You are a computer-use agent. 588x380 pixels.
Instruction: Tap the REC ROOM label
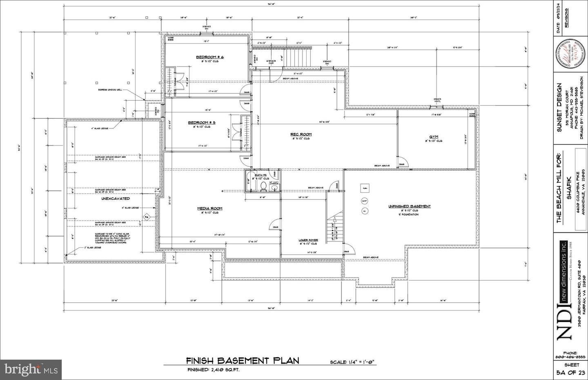point(301,134)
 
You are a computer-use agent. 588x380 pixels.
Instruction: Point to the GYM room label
point(433,137)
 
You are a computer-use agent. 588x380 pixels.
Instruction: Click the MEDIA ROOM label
point(210,208)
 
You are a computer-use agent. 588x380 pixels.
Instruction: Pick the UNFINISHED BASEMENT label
point(409,206)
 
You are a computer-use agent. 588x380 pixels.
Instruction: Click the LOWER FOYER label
point(308,240)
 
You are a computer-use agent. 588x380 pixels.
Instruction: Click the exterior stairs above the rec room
point(297,57)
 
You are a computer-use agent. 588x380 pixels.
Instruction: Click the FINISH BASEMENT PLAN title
point(243,360)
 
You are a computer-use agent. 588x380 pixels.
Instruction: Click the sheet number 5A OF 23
point(570,372)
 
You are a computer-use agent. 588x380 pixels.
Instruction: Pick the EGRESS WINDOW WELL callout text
point(109,90)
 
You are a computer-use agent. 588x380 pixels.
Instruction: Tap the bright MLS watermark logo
point(31,369)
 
